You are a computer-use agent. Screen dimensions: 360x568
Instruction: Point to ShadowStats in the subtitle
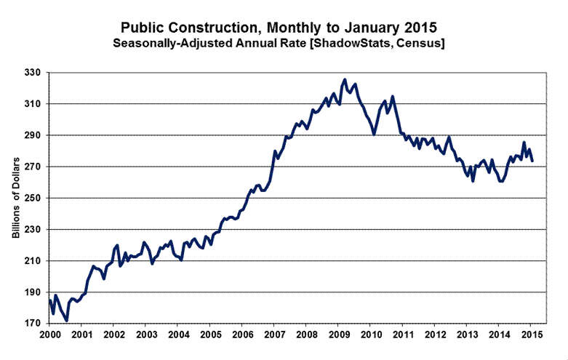point(361,44)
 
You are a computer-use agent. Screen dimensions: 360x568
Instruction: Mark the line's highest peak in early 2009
point(345,79)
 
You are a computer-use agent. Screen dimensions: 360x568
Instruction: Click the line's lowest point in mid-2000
point(66,320)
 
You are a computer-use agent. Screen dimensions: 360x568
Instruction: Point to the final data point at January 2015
point(532,161)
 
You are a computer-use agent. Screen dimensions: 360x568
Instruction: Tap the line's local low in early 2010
point(374,135)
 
